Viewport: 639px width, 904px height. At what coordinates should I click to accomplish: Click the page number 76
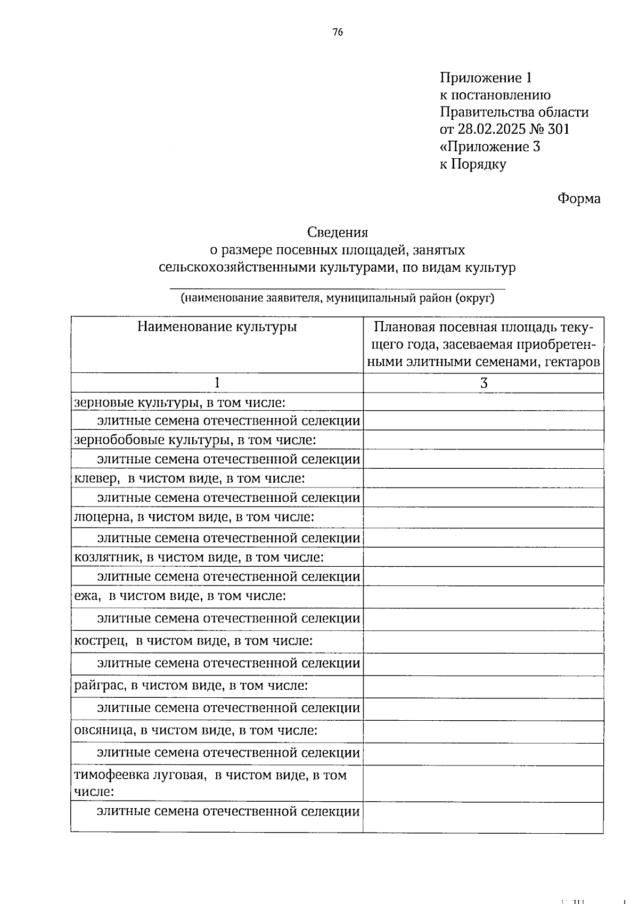click(x=338, y=32)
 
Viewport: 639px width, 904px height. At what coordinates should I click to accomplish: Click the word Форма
click(x=579, y=199)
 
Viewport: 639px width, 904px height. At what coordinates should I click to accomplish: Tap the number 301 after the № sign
click(x=558, y=129)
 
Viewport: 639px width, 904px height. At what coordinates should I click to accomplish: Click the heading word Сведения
click(x=338, y=232)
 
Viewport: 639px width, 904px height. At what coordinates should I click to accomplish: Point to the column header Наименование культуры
click(x=217, y=327)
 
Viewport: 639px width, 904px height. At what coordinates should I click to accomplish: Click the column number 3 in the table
click(x=484, y=383)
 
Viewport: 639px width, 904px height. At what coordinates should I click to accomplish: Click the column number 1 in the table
click(x=217, y=383)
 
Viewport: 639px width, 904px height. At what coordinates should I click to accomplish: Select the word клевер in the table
click(x=95, y=478)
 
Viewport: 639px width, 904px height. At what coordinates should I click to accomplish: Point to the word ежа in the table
click(x=86, y=596)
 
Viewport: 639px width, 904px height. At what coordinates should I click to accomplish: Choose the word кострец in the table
click(x=99, y=640)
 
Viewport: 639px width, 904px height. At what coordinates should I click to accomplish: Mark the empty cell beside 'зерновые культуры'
click(x=483, y=402)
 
